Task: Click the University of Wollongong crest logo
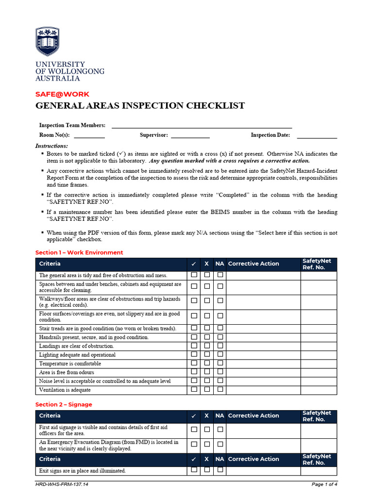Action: pos(48,41)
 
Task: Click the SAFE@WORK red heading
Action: pos(62,94)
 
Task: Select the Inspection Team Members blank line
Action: pos(202,125)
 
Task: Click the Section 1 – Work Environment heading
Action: pos(79,252)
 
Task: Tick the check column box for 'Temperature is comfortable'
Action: pos(194,363)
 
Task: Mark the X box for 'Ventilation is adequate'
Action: pos(207,389)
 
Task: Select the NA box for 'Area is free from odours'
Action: pos(220,372)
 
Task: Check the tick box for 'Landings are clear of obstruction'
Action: pos(194,346)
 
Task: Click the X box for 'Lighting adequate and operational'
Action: pos(207,354)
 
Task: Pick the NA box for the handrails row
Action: pos(220,337)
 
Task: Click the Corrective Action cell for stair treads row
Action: pos(263,329)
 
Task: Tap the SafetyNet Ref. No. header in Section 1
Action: pos(317,264)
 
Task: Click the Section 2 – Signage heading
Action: pos(64,404)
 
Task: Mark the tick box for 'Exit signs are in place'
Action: pos(194,470)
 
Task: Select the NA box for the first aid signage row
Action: pos(220,430)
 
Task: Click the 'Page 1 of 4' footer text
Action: pos(324,484)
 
